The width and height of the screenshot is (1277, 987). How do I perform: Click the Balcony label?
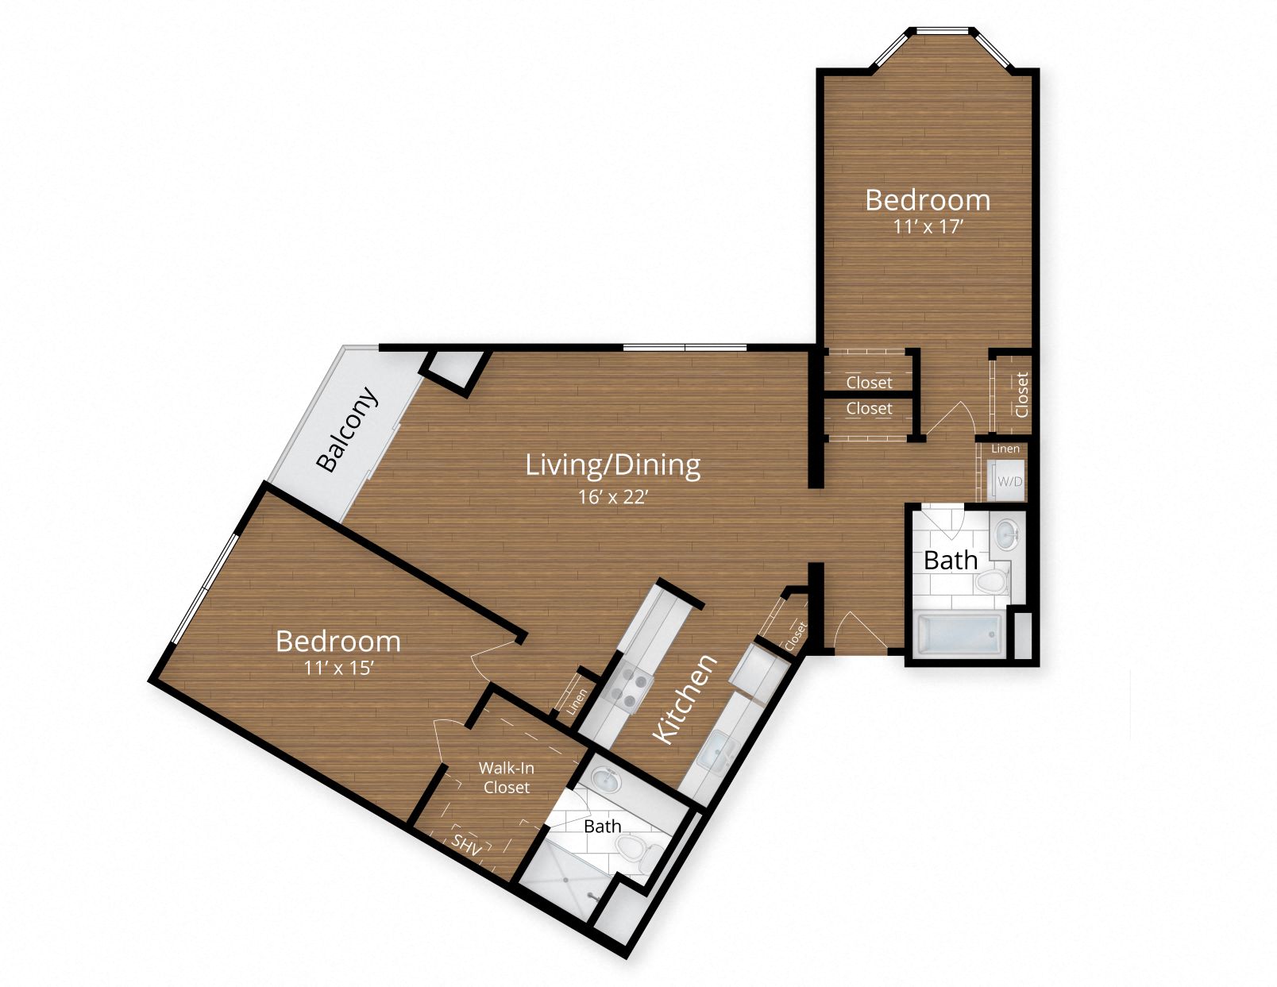pos(348,429)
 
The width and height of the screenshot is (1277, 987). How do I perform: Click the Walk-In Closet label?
pos(506,777)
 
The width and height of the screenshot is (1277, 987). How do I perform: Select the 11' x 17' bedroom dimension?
pos(928,226)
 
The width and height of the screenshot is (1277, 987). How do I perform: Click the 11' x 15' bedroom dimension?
pos(338,668)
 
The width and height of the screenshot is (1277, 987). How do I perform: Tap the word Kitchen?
pos(685,700)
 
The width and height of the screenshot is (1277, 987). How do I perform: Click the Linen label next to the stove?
pos(577,700)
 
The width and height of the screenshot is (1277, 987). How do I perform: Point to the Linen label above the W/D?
pos(1005,449)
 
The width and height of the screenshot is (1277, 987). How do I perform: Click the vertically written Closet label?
pos(1021,394)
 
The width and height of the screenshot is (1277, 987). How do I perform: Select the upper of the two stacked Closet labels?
pos(869,382)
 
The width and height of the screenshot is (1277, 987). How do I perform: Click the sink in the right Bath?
pos(1007,533)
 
